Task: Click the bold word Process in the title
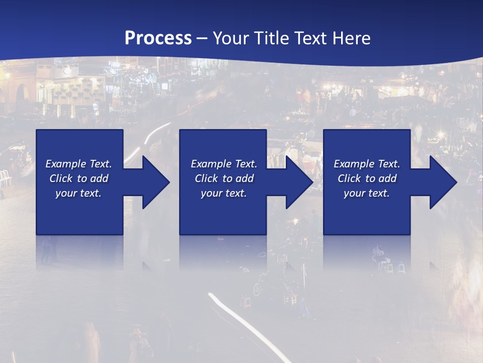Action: click(158, 38)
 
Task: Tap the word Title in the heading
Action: click(268, 38)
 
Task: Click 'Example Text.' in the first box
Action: click(78, 164)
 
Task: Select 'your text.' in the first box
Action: click(78, 193)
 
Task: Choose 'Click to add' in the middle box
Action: click(224, 178)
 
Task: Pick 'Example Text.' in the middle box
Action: click(224, 164)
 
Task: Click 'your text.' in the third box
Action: click(367, 193)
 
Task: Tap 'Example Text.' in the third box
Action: click(367, 164)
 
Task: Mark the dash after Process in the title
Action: click(202, 39)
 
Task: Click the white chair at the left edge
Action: click(4, 177)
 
